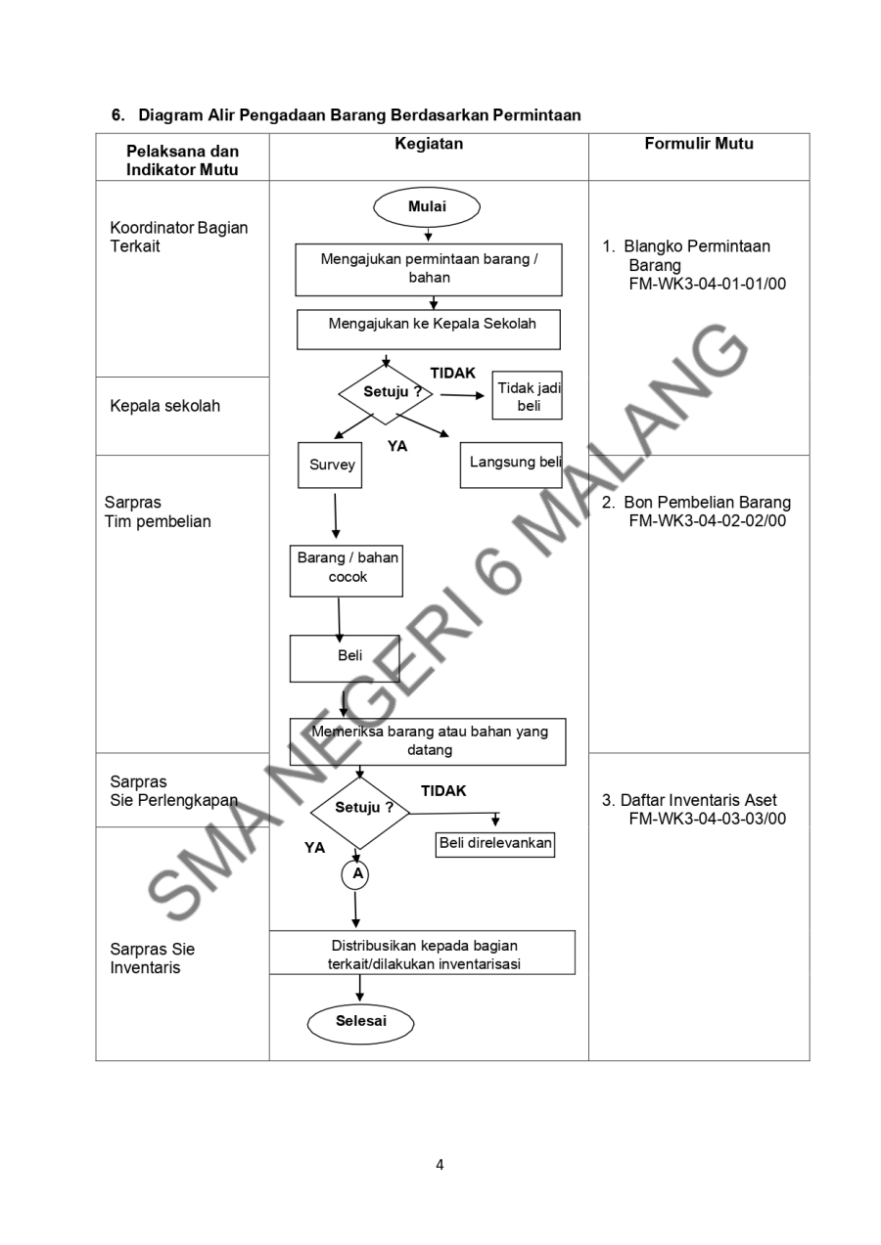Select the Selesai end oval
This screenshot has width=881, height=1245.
click(361, 1021)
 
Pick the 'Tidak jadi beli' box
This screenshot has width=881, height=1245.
click(527, 395)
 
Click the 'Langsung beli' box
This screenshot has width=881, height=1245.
click(511, 464)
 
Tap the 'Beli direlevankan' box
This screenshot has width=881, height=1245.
click(495, 842)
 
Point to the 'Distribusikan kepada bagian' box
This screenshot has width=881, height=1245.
click(422, 954)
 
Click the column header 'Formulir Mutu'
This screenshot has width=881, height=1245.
click(699, 145)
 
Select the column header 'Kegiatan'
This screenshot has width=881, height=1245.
click(429, 145)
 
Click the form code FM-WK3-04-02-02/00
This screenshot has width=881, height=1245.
click(708, 520)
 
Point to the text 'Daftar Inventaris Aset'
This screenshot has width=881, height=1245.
click(697, 800)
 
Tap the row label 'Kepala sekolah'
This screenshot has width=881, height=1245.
click(165, 406)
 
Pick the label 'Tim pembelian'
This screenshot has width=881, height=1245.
click(161, 521)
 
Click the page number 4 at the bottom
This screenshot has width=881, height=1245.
click(440, 1164)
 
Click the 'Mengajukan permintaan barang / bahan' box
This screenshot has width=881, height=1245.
click(429, 268)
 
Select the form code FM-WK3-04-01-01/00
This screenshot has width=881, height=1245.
click(708, 284)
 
